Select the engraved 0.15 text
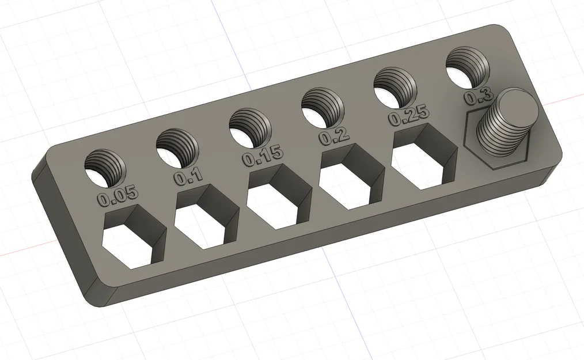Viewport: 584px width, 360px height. [x=263, y=155]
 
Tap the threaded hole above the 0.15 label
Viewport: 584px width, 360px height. [x=250, y=126]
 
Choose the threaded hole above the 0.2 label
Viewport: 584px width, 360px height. [x=323, y=107]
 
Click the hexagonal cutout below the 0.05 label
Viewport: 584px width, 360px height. [x=131, y=241]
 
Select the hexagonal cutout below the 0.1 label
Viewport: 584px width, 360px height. [x=203, y=220]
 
